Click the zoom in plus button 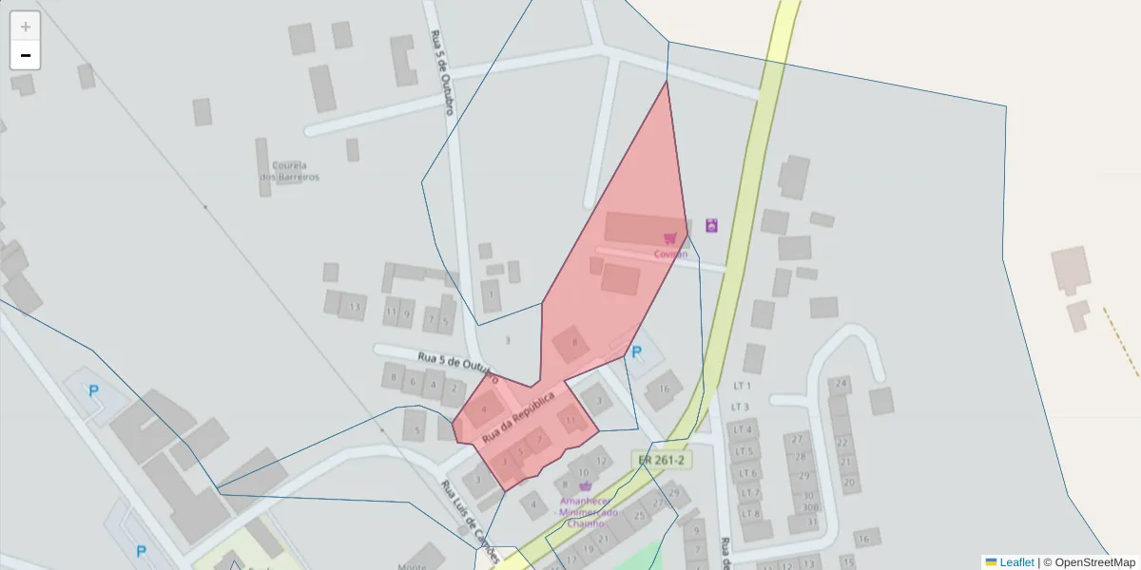26,27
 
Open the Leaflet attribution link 1015,562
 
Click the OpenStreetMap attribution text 1094,562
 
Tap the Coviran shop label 670,254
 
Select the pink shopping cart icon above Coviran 670,237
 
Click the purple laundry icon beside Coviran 711,226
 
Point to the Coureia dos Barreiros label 290,171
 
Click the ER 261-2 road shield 663,460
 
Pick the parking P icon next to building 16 637,352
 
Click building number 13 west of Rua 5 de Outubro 355,307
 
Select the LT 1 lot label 743,386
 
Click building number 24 840,385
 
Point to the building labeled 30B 810,507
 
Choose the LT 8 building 750,513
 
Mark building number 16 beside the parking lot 665,389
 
